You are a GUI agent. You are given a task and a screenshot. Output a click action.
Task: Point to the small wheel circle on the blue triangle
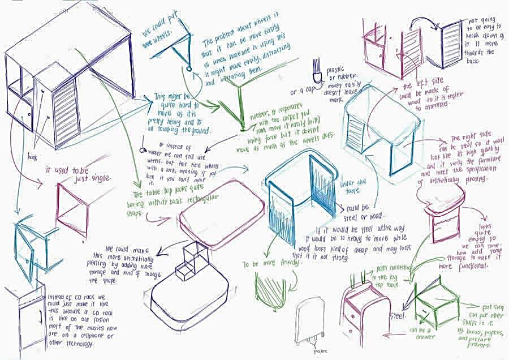pyautogui.click(x=189, y=69)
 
